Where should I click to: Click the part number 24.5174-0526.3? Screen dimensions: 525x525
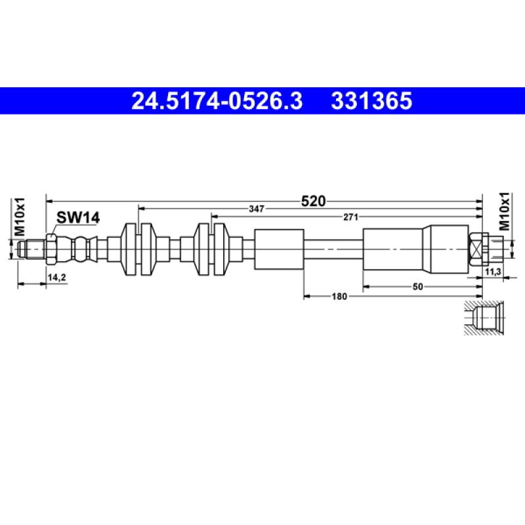tap(217, 101)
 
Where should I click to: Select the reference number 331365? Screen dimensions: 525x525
tap(371, 101)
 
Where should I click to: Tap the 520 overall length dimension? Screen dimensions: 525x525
tap(314, 201)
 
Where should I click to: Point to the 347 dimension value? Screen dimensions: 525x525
tap(257, 209)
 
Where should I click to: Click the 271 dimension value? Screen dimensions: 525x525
tap(351, 217)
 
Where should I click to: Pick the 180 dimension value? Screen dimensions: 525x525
tap(339, 297)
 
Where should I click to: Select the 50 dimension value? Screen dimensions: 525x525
tap(417, 287)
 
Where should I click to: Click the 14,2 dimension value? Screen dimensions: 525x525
tap(56, 278)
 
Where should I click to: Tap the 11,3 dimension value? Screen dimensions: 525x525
tap(493, 272)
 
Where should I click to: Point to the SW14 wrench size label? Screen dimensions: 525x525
tap(78, 218)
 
